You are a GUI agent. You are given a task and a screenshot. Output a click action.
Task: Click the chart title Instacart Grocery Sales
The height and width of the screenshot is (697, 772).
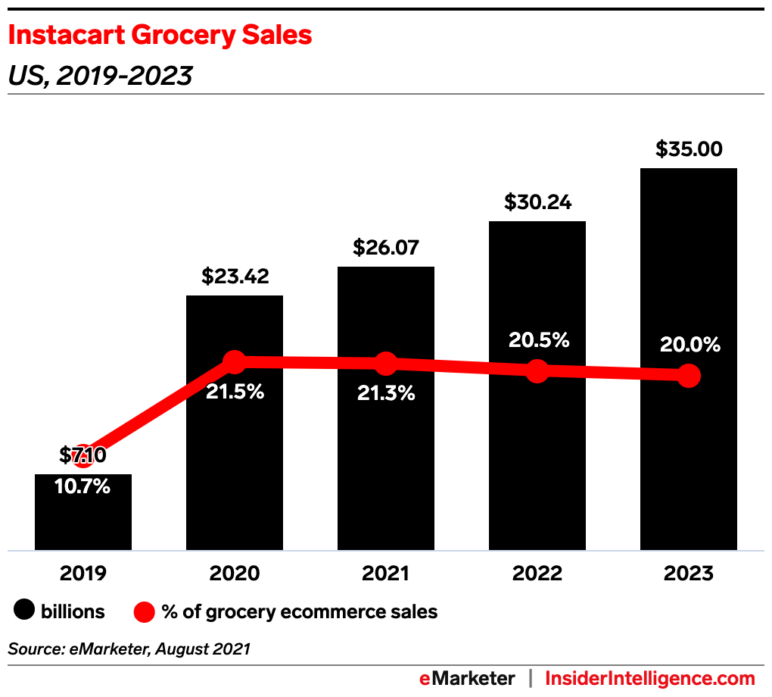pos(160,35)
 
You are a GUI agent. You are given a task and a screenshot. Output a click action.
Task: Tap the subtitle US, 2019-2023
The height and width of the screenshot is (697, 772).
pos(99,76)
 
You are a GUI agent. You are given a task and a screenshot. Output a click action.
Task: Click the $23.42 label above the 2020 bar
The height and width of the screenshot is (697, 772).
pos(235,277)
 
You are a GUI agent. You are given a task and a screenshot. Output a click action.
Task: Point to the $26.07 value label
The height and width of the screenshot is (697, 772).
pos(386,248)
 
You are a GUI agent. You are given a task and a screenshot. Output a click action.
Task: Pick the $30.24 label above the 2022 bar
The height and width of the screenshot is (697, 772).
pos(537,202)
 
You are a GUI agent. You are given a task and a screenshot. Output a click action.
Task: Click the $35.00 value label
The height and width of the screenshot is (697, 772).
pos(689,149)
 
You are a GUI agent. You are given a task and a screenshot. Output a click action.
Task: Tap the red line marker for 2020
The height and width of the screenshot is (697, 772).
pos(235,362)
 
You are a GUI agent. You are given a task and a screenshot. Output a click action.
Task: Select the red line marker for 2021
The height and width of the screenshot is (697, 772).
pos(386,364)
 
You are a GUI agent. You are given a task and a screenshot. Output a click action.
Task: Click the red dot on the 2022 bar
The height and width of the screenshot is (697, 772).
pos(537,371)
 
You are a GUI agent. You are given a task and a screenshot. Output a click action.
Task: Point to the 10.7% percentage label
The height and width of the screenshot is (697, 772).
pos(83,486)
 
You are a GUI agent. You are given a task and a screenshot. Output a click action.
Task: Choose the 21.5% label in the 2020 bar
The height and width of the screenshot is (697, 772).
pos(235,392)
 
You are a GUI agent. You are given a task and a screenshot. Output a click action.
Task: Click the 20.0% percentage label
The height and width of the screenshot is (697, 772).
pos(689,345)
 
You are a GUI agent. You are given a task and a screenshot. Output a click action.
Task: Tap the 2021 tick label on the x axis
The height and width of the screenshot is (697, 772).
pos(386,574)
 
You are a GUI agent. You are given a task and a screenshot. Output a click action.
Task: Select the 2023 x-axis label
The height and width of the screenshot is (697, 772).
pos(689,574)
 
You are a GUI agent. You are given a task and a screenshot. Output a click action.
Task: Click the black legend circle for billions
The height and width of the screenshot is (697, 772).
pos(25,611)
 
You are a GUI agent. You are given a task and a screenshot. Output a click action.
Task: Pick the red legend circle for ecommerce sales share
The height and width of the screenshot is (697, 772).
pos(145,611)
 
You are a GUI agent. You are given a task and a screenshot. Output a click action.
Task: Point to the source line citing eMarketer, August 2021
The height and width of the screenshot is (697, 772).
pos(129,649)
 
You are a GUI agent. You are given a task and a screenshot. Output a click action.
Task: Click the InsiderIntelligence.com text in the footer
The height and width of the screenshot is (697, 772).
pos(650,678)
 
